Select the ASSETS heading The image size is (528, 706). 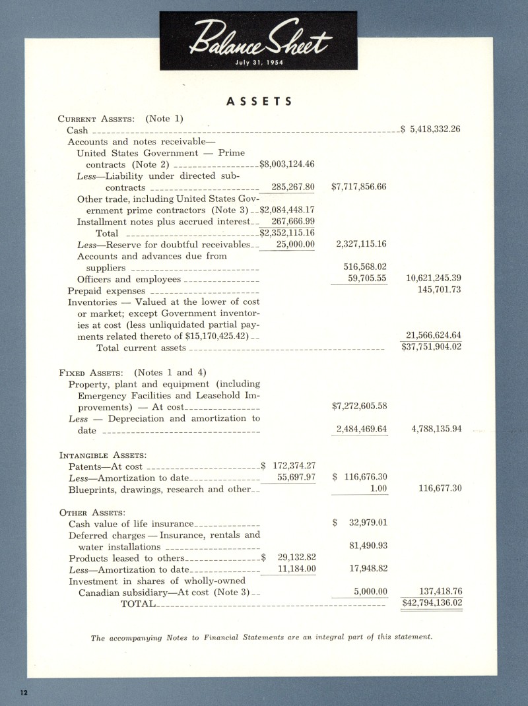click(x=259, y=102)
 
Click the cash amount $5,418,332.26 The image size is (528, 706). click(x=430, y=130)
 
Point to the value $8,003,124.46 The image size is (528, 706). click(x=287, y=164)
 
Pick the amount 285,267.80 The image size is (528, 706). click(x=293, y=187)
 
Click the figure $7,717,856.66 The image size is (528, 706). click(x=359, y=187)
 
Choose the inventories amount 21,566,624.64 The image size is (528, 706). click(x=434, y=335)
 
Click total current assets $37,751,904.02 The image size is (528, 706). click(x=432, y=348)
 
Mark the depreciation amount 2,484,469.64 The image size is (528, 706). click(x=361, y=430)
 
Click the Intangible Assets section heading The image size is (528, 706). click(x=102, y=455)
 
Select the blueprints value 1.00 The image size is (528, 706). click(x=378, y=489)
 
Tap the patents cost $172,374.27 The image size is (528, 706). click(x=288, y=466)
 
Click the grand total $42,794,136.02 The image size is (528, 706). click(x=432, y=603)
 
